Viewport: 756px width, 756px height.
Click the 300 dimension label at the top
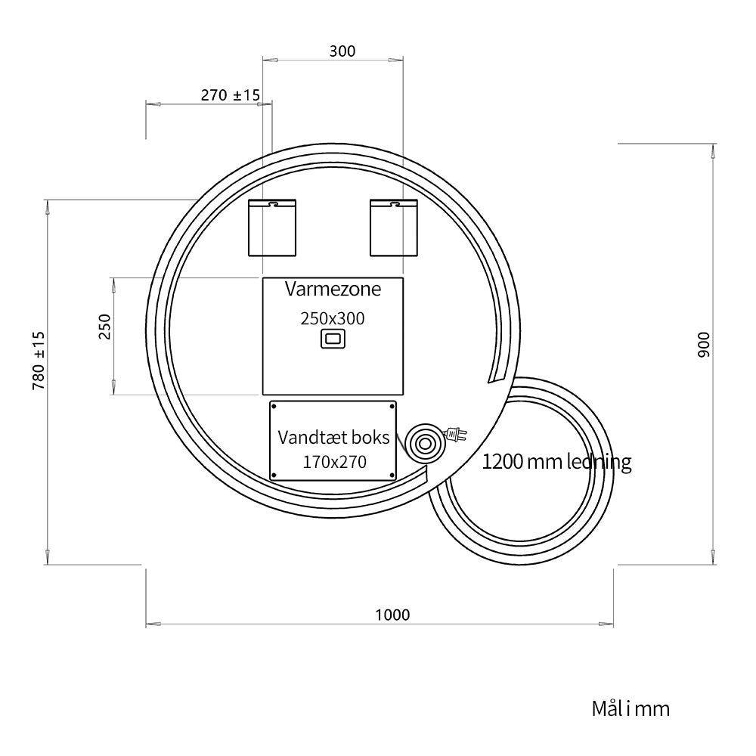(342, 51)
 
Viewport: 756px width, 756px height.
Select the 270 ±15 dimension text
(231, 95)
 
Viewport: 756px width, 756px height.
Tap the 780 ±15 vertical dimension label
(39, 361)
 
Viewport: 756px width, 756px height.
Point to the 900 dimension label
(704, 344)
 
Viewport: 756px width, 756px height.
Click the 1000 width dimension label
(392, 615)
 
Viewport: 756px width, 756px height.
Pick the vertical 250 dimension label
(104, 327)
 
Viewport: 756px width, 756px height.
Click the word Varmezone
(333, 289)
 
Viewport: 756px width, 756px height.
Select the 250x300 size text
(333, 318)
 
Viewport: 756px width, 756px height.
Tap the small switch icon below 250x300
(333, 339)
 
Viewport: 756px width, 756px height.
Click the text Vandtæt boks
(333, 437)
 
